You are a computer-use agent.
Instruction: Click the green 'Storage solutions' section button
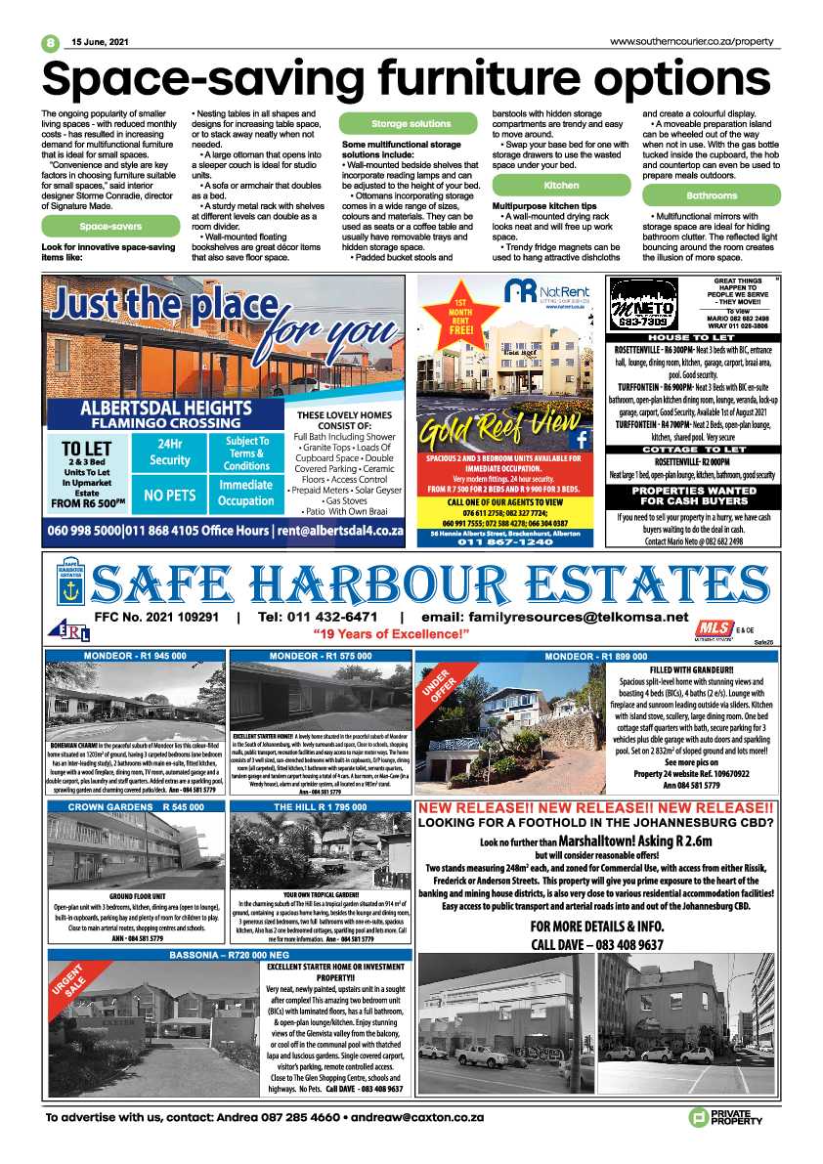pos(411,124)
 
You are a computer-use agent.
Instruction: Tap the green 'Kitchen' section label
pos(561,185)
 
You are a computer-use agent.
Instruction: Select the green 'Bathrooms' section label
pos(712,195)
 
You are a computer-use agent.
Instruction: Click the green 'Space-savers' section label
pos(110,227)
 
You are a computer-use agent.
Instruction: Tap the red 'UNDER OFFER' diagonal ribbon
pos(442,691)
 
